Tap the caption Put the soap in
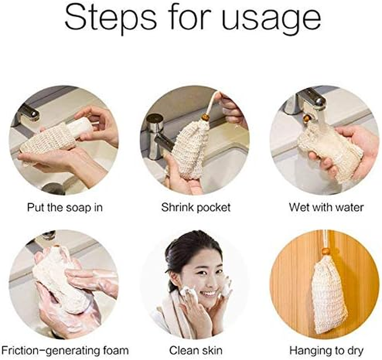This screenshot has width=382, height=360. (64, 207)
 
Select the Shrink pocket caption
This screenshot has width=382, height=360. (196, 207)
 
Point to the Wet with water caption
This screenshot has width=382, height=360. (326, 207)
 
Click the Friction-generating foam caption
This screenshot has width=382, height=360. (65, 350)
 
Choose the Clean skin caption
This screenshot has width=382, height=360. (196, 350)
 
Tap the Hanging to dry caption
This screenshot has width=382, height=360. (326, 350)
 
